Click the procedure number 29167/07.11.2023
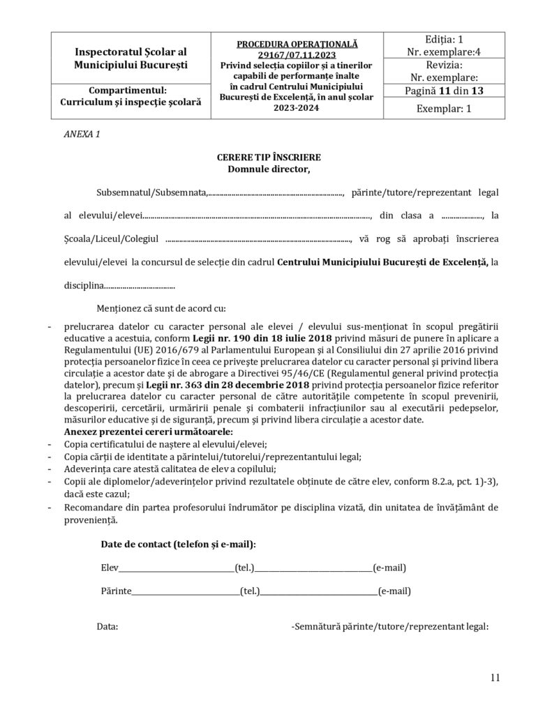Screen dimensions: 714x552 297,54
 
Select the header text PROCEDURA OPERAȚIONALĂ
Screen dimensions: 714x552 297,44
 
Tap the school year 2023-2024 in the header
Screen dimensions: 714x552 297,108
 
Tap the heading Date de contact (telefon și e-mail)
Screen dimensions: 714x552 178,543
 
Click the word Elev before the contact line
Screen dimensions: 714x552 110,568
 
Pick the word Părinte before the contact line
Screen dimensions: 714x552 116,591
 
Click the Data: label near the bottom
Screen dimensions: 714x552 107,626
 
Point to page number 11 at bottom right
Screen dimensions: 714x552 495,677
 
